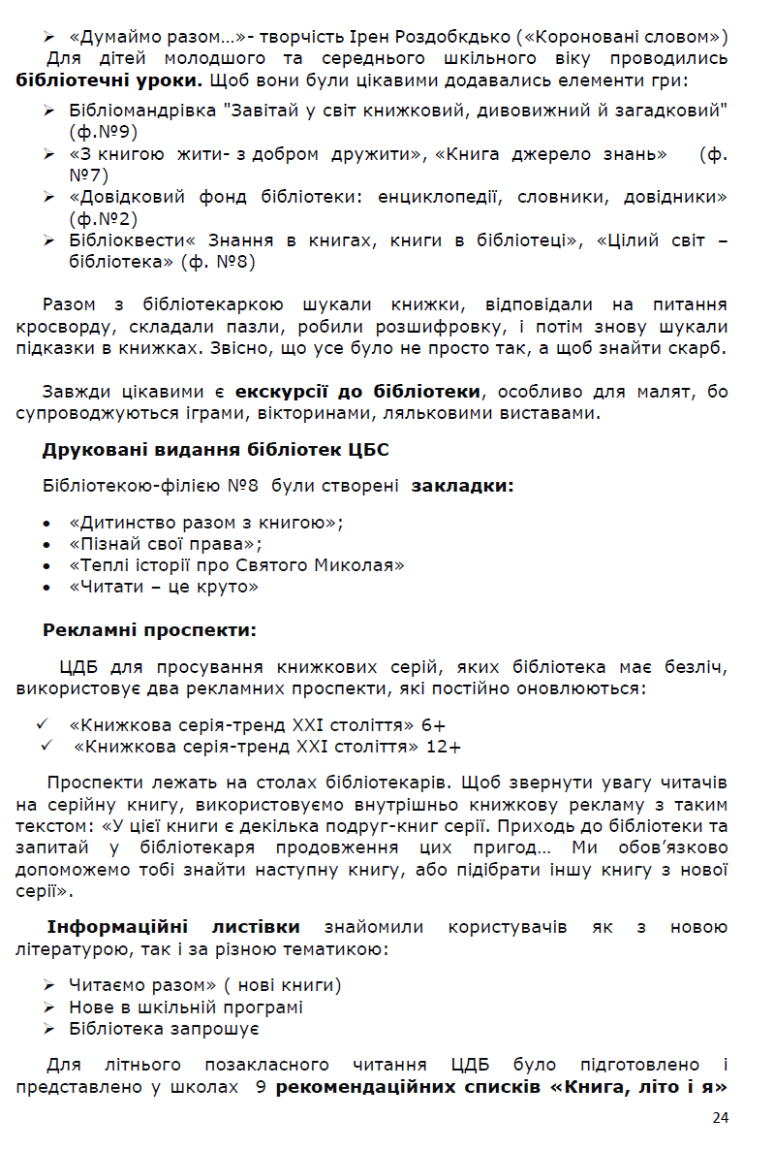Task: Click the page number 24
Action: click(x=720, y=1117)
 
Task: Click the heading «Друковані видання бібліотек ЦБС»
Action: click(x=215, y=450)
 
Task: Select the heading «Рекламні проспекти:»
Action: click(x=149, y=630)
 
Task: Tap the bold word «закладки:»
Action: click(x=463, y=485)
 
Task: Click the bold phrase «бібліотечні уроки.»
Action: click(x=109, y=80)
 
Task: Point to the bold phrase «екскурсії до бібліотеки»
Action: click(x=357, y=392)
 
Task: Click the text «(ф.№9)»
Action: click(x=104, y=130)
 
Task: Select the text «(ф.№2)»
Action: click(x=104, y=219)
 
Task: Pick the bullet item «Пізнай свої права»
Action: click(x=166, y=543)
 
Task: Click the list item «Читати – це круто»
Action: click(x=164, y=587)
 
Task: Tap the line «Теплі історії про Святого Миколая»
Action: click(x=236, y=564)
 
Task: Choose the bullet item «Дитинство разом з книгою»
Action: click(x=206, y=522)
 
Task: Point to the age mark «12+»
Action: click(x=443, y=747)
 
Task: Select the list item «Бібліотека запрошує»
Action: click(x=164, y=1028)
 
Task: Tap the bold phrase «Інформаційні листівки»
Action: click(x=173, y=927)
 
